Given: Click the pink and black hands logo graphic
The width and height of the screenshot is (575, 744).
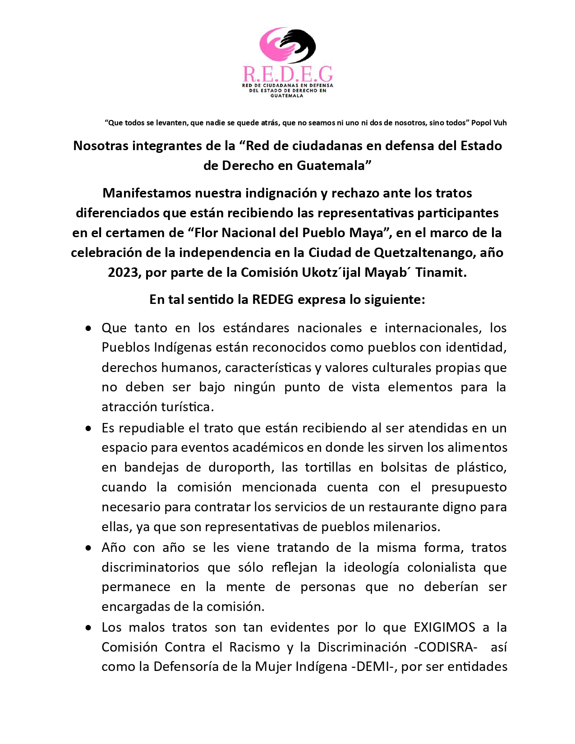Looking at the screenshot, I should [x=287, y=45].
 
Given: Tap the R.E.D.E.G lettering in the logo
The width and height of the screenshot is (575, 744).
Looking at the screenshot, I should [x=287, y=73].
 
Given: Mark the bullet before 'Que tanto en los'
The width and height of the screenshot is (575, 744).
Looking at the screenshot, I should [x=88, y=328].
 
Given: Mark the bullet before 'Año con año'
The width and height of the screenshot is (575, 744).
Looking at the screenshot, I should [x=88, y=548].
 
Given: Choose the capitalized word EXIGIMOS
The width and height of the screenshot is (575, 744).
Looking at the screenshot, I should [x=444, y=627].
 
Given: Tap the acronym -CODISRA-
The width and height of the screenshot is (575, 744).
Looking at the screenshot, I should [x=446, y=647].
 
